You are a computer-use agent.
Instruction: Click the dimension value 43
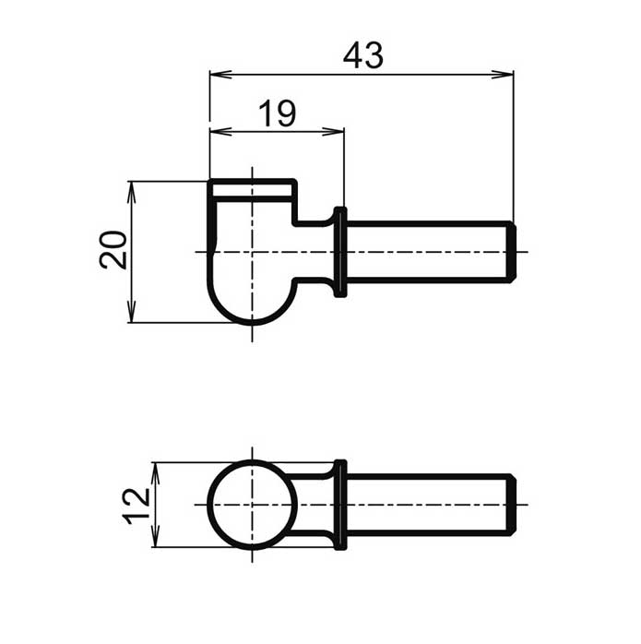click(363, 55)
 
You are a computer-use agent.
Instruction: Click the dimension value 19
click(278, 113)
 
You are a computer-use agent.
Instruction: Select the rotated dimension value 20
click(113, 250)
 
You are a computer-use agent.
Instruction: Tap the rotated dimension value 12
click(137, 506)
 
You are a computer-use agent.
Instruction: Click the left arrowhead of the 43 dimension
click(220, 75)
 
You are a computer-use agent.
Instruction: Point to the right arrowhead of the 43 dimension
click(503, 75)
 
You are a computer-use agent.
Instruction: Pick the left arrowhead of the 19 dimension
click(220, 131)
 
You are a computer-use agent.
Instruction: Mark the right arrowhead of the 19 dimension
click(333, 131)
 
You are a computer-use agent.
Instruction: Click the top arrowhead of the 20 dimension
click(131, 192)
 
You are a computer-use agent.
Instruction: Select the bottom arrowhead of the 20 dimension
click(131, 312)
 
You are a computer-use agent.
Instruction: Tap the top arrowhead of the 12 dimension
click(155, 473)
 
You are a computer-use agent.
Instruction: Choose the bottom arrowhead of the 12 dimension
click(155, 536)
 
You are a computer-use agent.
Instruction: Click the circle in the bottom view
click(208, 505)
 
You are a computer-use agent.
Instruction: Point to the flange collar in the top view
click(340, 252)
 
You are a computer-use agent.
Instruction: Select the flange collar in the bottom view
click(340, 505)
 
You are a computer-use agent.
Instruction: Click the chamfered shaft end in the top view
click(511, 252)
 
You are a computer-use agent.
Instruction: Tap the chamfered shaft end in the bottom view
click(511, 505)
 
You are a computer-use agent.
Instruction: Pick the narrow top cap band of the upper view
click(252, 190)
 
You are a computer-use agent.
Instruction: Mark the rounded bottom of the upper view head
click(252, 323)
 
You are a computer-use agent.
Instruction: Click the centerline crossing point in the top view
click(252, 252)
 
